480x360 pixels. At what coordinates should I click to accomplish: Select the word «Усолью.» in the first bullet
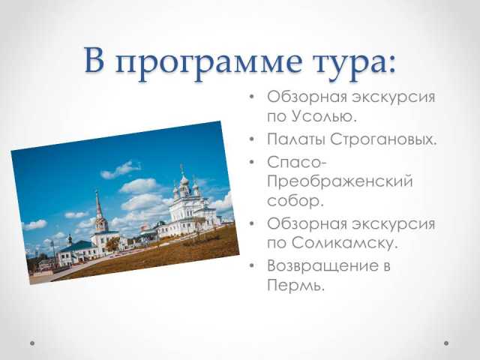(324, 116)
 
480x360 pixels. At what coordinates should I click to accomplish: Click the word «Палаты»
(295, 139)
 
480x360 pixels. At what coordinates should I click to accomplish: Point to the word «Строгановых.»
(383, 139)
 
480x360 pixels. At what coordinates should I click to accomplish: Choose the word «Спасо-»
(297, 162)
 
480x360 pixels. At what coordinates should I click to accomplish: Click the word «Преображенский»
(340, 182)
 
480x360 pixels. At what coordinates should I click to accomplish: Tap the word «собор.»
(295, 201)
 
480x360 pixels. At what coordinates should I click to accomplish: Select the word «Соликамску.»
(344, 243)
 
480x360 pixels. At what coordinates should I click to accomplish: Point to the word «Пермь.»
(295, 285)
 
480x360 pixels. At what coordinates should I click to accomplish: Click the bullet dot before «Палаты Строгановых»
(252, 139)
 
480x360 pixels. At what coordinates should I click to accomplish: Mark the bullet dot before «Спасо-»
(252, 162)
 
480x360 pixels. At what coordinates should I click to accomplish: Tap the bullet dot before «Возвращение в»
(252, 265)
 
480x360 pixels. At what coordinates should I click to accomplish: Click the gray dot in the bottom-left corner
(32, 343)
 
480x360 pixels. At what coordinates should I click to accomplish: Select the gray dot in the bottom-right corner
(446, 343)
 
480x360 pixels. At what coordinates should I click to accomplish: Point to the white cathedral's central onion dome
(184, 180)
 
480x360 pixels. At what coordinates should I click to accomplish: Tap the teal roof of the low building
(76, 246)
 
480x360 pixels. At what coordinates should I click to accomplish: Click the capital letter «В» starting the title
(94, 60)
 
